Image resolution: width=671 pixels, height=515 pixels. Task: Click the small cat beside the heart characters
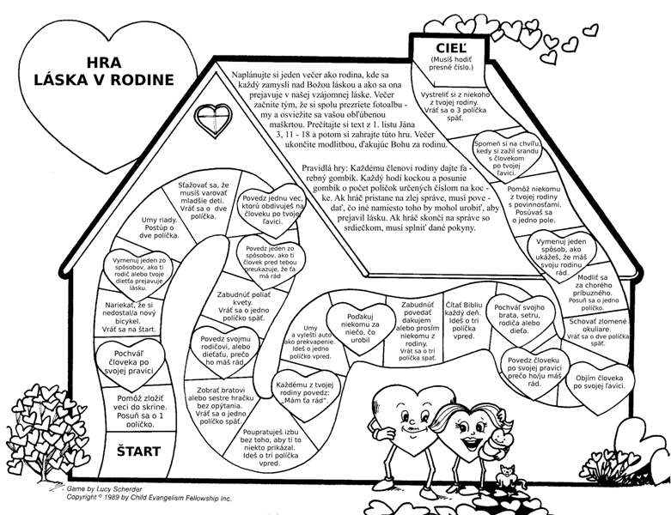508,475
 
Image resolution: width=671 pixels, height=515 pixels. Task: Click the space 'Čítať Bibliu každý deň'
465,321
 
